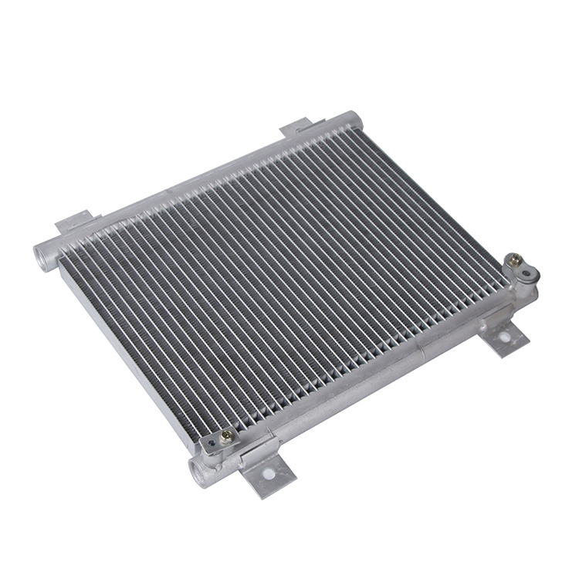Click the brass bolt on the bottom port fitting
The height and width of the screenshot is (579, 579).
tap(226, 436)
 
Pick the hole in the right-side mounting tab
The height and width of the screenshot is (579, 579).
tap(504, 336)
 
